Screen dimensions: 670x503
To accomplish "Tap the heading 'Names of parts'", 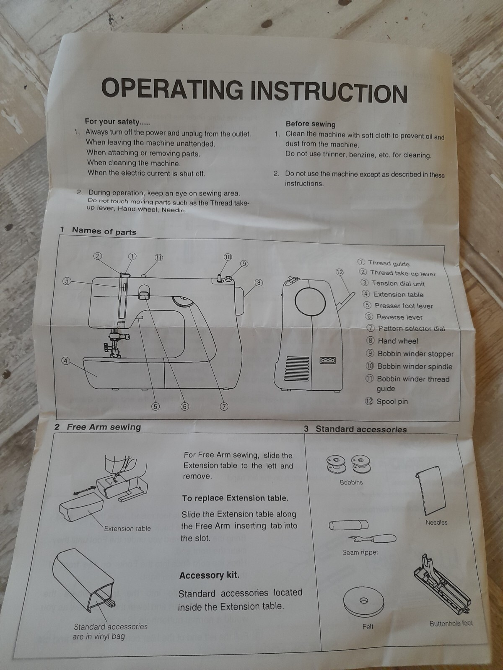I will (x=104, y=231).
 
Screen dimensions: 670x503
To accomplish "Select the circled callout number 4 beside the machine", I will (x=66, y=361).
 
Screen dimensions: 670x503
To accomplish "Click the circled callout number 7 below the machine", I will (x=224, y=406).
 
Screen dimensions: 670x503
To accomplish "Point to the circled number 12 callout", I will (x=340, y=272).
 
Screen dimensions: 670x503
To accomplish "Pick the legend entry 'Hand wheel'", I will (x=397, y=341).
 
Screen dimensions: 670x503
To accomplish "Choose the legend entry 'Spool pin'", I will (x=392, y=401).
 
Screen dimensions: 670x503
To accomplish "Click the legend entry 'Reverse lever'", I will (x=399, y=317).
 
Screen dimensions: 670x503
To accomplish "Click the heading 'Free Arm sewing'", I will (x=104, y=427).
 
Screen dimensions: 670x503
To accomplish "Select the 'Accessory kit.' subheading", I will (x=209, y=575).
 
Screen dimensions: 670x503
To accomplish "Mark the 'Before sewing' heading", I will (x=310, y=124).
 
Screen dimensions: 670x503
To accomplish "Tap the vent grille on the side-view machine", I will (x=298, y=367).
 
